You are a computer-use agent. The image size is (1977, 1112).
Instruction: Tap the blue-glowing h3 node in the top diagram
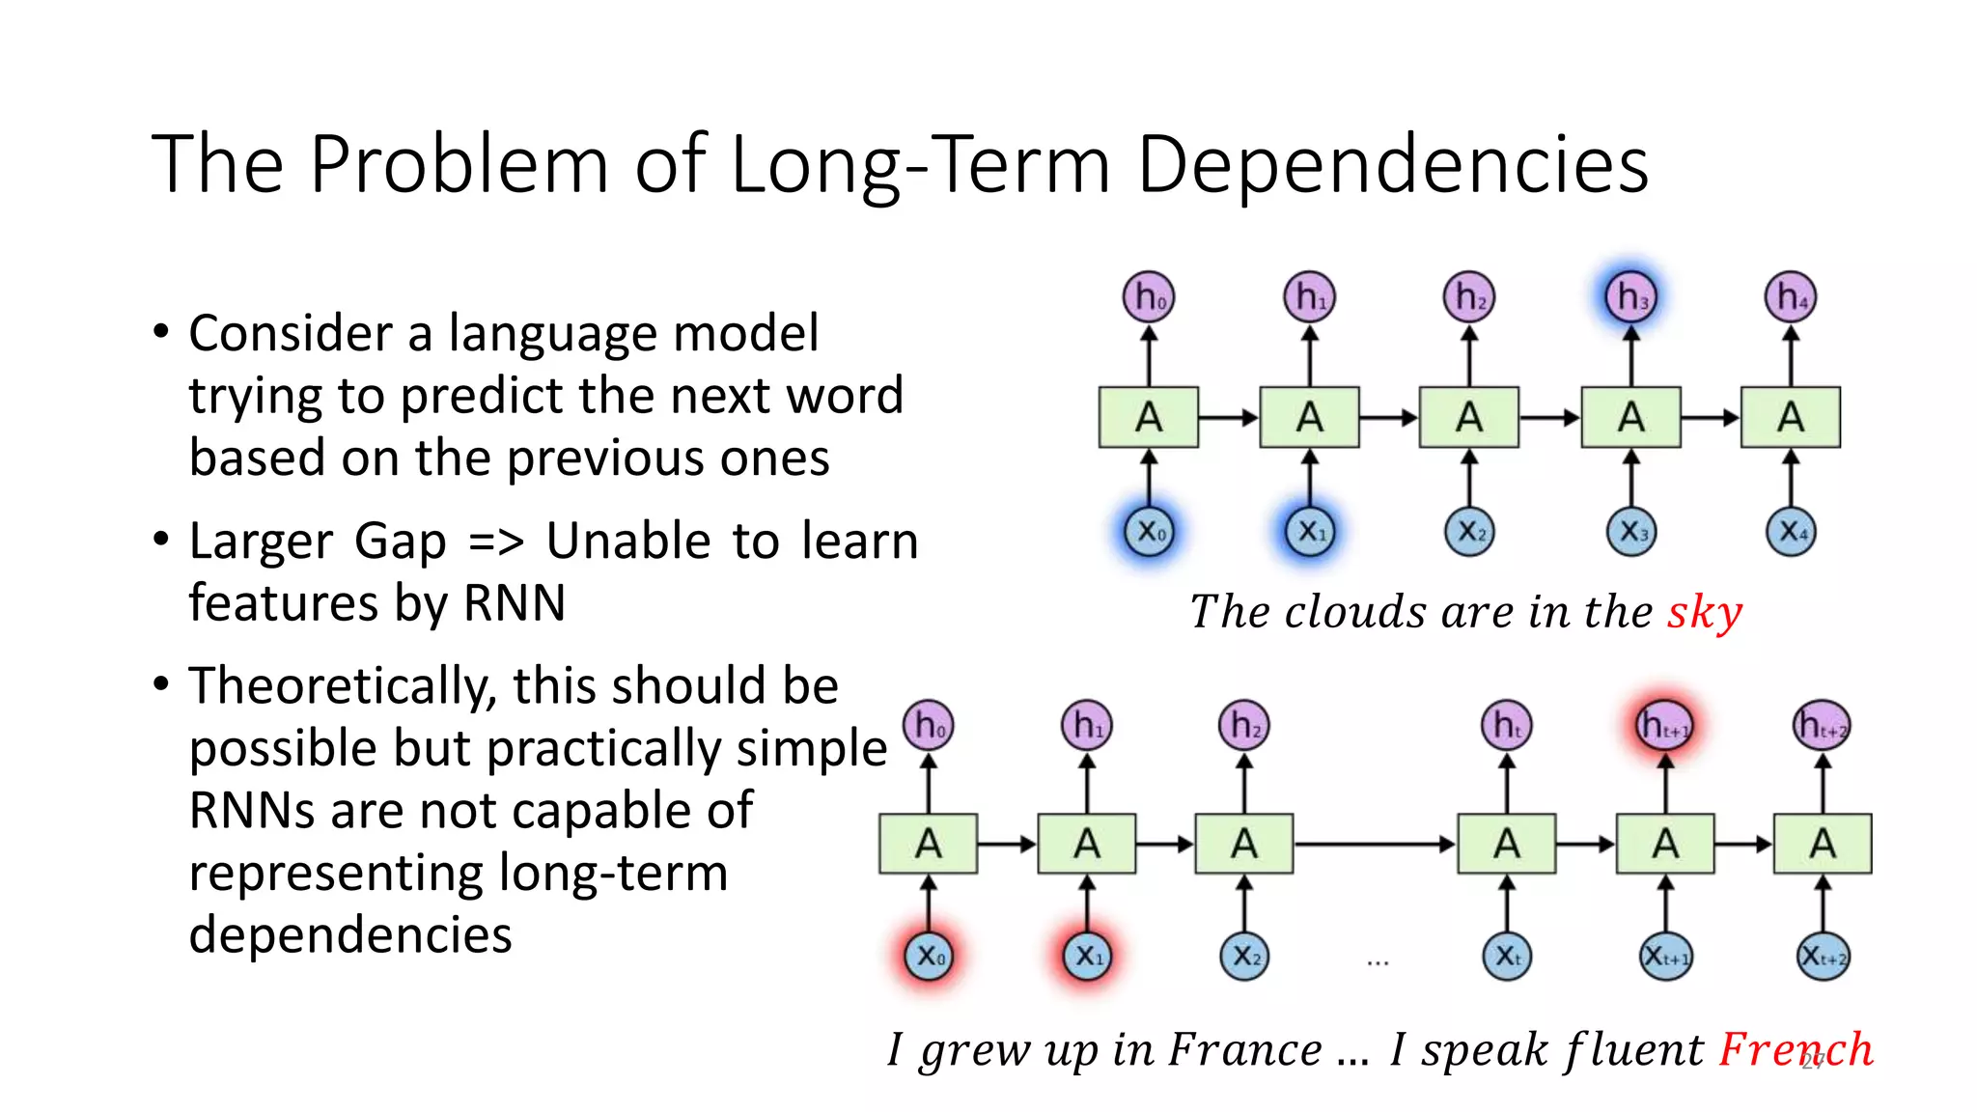tap(1630, 296)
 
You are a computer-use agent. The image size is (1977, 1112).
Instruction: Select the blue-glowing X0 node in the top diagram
tap(1149, 531)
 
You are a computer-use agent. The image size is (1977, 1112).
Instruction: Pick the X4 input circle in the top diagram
tap(1791, 531)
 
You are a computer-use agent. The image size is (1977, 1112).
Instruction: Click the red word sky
tap(1705, 613)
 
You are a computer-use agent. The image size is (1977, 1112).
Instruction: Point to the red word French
tap(1796, 1049)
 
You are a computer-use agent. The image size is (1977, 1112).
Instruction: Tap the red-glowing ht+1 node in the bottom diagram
tap(1664, 725)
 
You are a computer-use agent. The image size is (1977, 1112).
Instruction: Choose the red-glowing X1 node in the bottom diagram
tap(1087, 956)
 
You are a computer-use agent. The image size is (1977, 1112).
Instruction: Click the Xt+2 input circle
tap(1823, 957)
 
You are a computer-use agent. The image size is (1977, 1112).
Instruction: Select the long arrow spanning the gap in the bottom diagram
tap(1375, 845)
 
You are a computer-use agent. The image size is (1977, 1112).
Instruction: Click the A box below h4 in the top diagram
tap(1791, 418)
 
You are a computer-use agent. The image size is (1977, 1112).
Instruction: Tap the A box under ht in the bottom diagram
tap(1506, 845)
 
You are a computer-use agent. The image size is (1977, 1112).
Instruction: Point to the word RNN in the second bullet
tap(514, 604)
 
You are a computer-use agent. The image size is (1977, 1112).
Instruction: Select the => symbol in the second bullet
tap(496, 542)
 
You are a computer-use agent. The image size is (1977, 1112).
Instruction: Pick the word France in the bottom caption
tap(1245, 1049)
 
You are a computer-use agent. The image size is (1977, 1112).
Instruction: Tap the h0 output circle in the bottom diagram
tap(929, 725)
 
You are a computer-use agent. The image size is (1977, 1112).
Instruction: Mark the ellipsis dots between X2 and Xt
tap(1378, 962)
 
